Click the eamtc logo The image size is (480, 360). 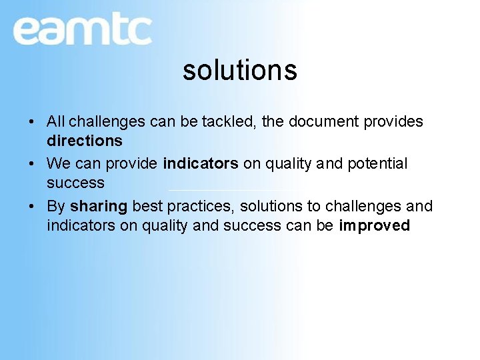click(x=82, y=30)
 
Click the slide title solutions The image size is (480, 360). click(x=239, y=70)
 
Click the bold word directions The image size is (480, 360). click(x=85, y=141)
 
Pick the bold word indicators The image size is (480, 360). click(x=200, y=164)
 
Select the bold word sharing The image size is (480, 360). click(x=99, y=207)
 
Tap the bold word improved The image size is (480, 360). click(x=374, y=226)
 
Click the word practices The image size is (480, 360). click(x=199, y=207)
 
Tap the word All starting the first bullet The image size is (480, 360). click(x=55, y=122)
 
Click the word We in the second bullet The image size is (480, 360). click(x=58, y=164)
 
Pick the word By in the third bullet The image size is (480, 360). click(x=56, y=207)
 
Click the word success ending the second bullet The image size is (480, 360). click(x=75, y=183)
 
